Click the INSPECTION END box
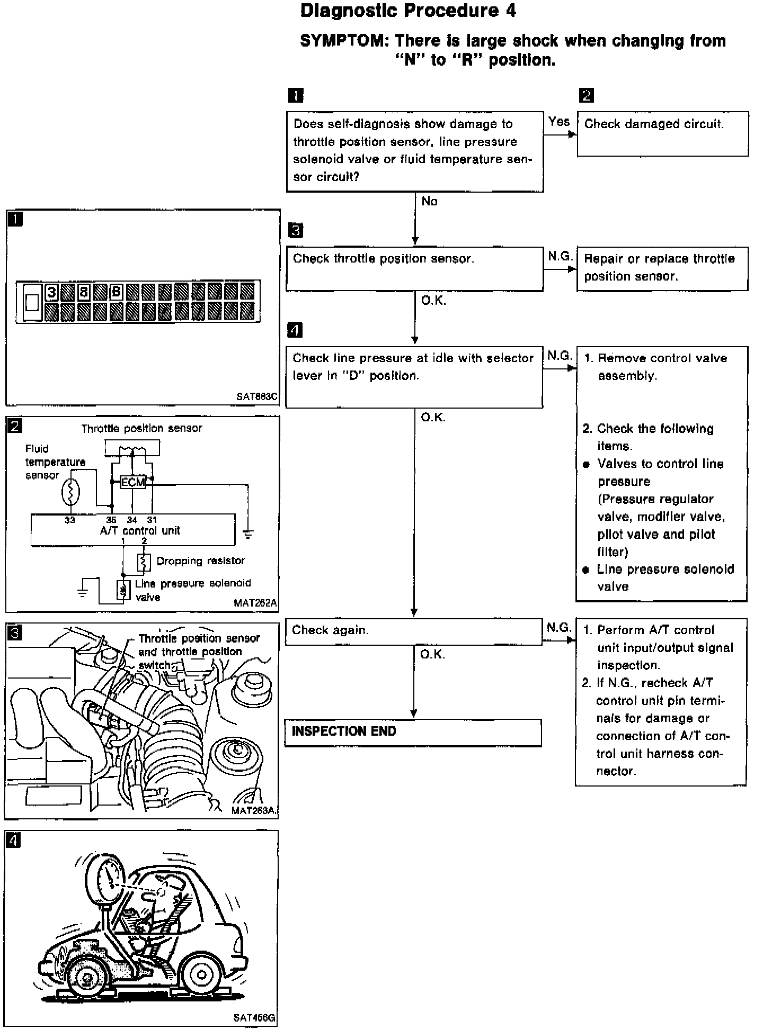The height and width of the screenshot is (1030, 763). pos(413,732)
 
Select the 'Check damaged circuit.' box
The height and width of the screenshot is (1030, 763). pos(662,133)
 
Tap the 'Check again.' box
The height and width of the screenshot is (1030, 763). pos(413,631)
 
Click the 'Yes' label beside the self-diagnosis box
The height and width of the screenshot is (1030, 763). pos(559,122)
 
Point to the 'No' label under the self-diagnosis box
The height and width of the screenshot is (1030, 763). pos(429,201)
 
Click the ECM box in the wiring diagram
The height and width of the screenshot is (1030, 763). pos(132,482)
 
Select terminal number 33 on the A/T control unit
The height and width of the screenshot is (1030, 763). pos(70,520)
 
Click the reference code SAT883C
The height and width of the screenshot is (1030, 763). pos(256,396)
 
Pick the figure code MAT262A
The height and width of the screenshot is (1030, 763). pos(255,603)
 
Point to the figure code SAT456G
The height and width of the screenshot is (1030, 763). pos(254,1017)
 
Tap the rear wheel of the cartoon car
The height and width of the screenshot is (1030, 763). pos(201,973)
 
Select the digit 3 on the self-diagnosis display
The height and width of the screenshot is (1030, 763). pos(51,292)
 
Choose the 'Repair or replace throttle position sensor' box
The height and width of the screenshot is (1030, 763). pos(662,268)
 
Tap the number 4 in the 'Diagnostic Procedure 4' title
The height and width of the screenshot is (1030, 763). pos(510,11)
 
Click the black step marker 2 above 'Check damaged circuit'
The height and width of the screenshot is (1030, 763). pos(587,96)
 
